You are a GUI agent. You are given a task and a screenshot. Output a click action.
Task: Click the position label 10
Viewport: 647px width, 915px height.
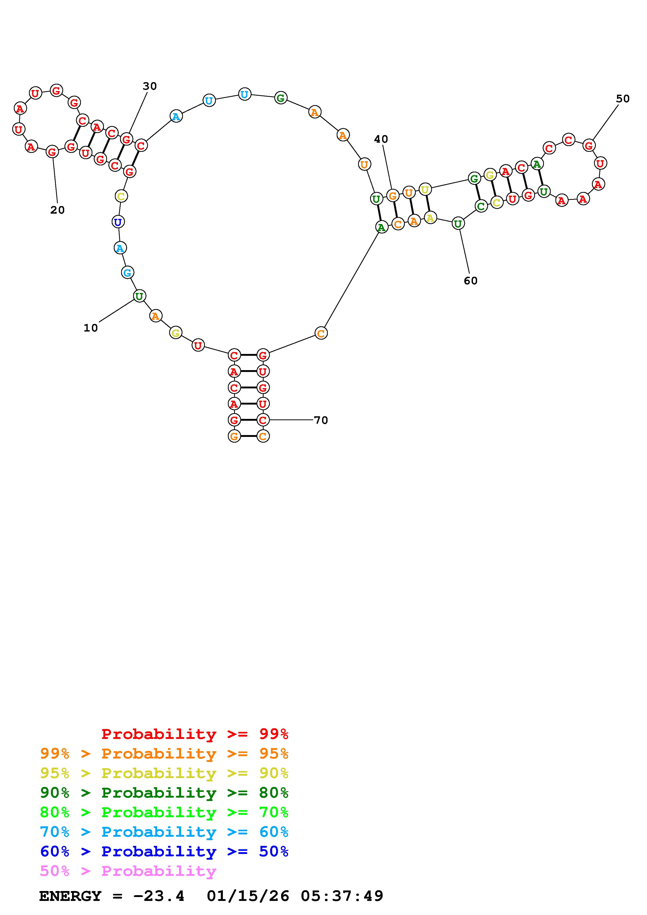91,328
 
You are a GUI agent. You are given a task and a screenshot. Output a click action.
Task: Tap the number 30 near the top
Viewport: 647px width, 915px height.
150,86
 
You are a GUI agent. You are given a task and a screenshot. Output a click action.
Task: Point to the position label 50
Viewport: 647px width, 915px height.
623,99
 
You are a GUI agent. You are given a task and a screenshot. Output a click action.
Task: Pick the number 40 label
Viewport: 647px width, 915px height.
381,139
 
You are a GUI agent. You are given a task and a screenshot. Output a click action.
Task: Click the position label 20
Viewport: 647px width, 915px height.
57,210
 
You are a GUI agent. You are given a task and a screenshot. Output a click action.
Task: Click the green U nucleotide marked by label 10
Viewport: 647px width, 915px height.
139,296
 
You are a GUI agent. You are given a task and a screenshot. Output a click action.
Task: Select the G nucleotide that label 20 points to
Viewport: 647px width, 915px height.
52,152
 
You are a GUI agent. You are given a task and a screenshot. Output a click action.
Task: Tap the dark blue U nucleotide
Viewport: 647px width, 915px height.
118,222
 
